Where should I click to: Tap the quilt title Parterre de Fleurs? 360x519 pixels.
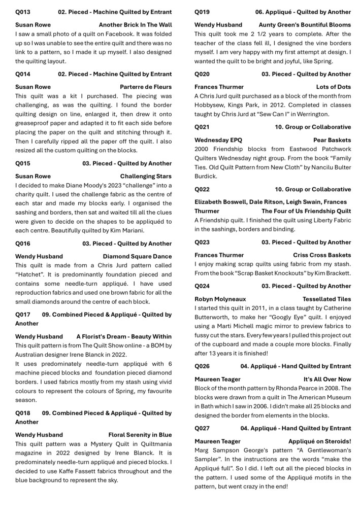click(x=146, y=87)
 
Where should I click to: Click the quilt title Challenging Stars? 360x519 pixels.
click(x=146, y=176)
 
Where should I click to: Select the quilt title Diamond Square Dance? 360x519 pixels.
click(x=137, y=256)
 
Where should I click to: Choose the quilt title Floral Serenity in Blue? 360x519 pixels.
click(x=140, y=435)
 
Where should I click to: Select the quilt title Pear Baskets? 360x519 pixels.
click(x=332, y=140)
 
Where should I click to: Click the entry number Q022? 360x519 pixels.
click(x=202, y=189)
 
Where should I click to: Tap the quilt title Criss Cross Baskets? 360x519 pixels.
click(x=321, y=255)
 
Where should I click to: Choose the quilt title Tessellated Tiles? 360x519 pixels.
click(x=326, y=299)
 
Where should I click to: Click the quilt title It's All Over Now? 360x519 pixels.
click(x=327, y=379)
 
